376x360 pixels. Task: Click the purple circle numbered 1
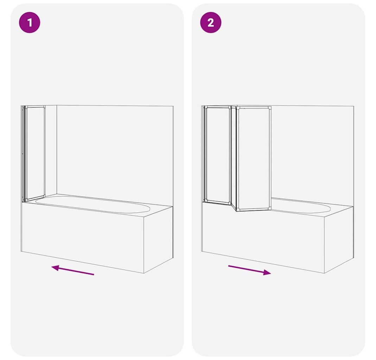30,22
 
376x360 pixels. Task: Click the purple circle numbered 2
211,22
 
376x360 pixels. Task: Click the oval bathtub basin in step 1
93,205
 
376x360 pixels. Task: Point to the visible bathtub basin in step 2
301,205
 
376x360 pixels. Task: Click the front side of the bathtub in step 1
83,237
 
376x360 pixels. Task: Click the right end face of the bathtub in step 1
158,240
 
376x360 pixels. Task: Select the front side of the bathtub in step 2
263,237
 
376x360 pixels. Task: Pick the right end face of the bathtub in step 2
339,240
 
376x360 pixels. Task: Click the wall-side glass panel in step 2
217,155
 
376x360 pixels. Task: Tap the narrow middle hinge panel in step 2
234,158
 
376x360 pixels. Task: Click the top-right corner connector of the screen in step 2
270,108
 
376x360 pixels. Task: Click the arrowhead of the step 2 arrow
267,272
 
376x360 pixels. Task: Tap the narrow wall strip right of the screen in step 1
51,151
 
